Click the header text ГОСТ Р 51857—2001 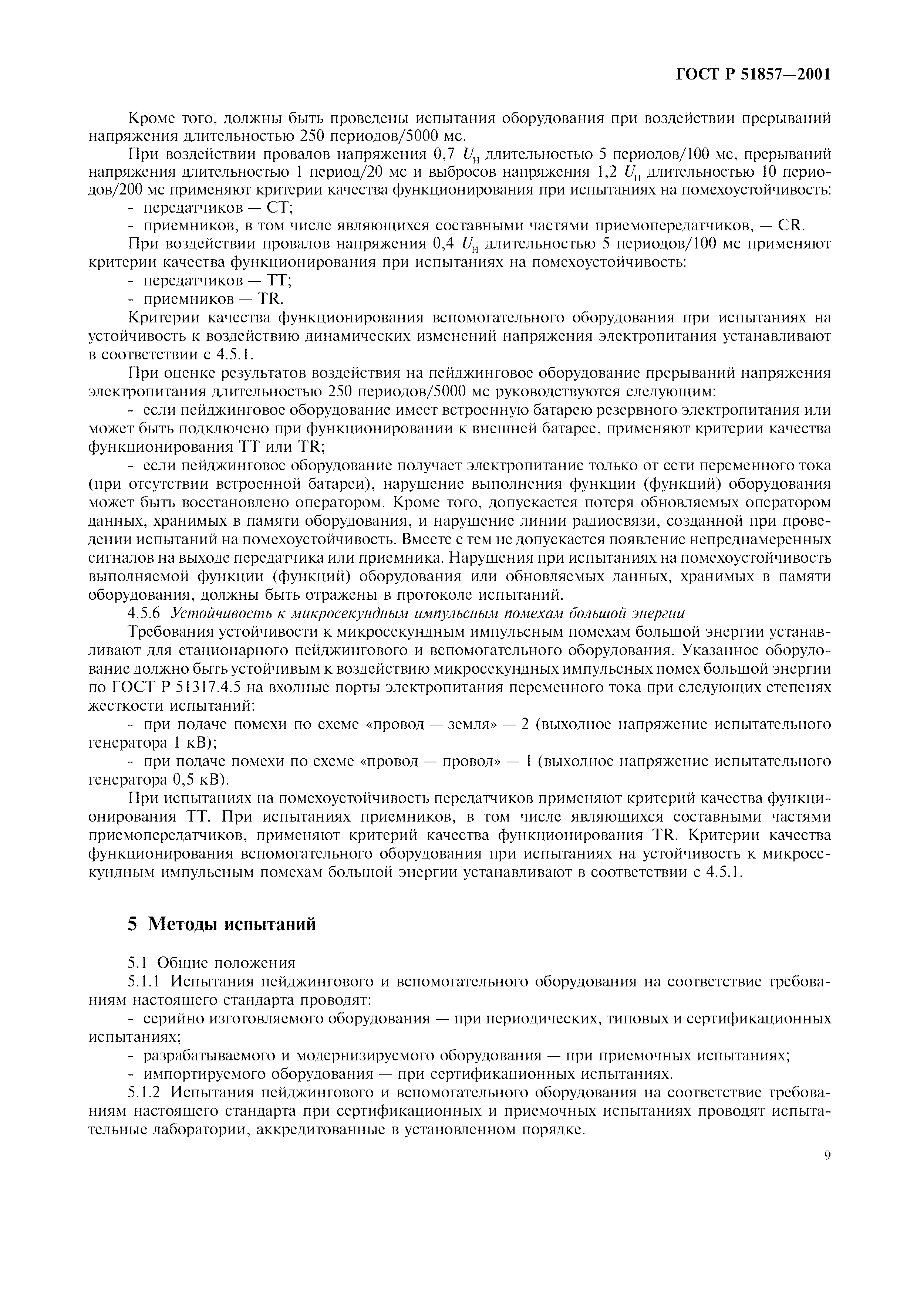[x=753, y=75]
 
